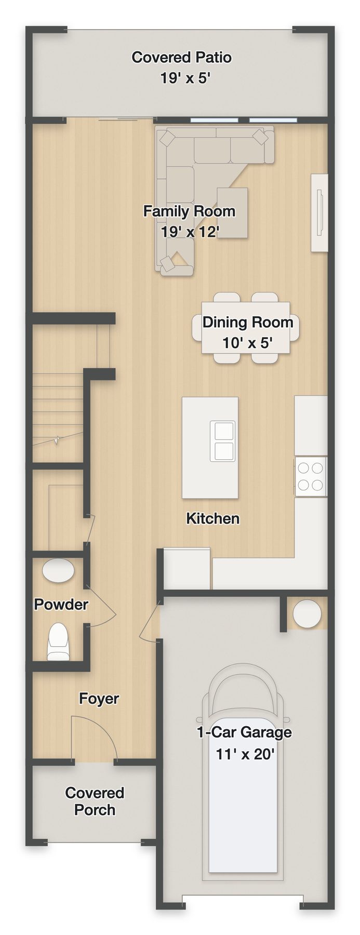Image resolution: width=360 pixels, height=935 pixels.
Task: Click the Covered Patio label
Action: [x=181, y=57]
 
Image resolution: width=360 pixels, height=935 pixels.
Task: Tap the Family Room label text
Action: [x=189, y=211]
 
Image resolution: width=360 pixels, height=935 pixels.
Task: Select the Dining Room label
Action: [x=248, y=322]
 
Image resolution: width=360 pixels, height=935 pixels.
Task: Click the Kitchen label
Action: [x=213, y=518]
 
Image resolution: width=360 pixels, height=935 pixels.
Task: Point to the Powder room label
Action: [x=61, y=604]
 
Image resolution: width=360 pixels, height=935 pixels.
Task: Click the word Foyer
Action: [x=99, y=699]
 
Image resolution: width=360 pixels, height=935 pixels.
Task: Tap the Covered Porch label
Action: [x=95, y=801]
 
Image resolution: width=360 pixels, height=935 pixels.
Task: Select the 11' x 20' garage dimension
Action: [x=245, y=754]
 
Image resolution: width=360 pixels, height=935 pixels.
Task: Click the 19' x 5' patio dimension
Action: [x=185, y=78]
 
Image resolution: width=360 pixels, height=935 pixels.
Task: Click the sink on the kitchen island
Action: [x=224, y=440]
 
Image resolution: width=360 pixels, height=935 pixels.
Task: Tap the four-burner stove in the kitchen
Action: [x=311, y=477]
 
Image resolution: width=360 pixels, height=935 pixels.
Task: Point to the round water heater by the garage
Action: [x=306, y=613]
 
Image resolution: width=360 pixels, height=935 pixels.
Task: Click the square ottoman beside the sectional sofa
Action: [x=232, y=212]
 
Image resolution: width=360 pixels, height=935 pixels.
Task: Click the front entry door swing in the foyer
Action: [x=94, y=738]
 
